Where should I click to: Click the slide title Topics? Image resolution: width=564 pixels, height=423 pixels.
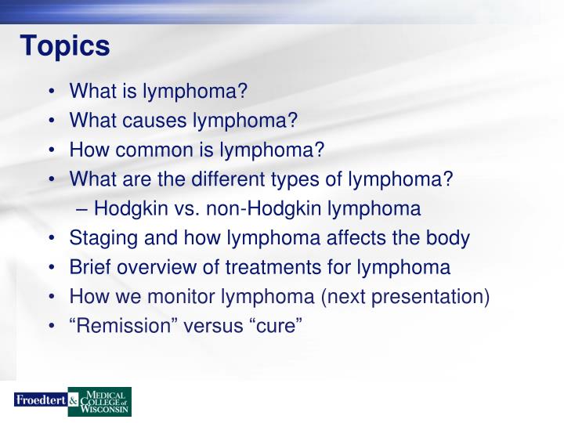(x=65, y=46)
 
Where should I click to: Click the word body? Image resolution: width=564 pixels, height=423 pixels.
(x=450, y=238)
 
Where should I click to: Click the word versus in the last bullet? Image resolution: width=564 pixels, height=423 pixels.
(x=214, y=326)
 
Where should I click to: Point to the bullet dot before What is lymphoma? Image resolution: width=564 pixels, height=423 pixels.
(x=51, y=92)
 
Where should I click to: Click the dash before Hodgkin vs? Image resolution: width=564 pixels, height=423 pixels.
(x=85, y=209)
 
